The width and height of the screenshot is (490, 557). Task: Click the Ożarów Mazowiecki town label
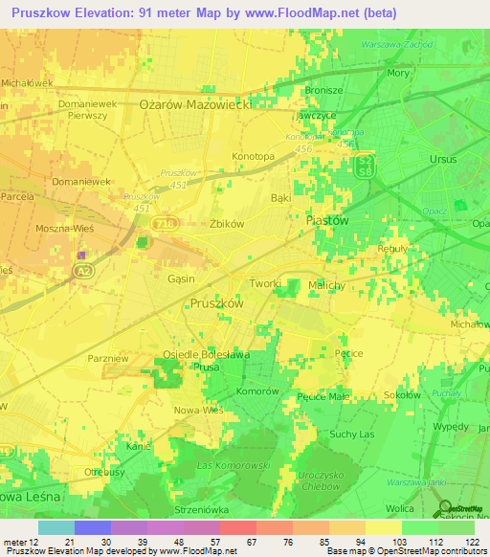point(194,105)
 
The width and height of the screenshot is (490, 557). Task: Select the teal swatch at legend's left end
point(56,527)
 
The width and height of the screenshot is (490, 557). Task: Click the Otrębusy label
point(105,472)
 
